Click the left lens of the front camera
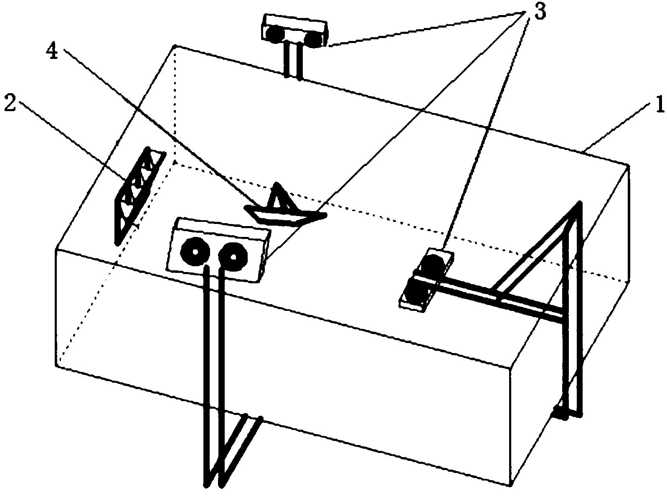tap(195, 251)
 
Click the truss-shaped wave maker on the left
tap(140, 195)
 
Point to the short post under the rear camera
tap(293, 61)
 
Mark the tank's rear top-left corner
tap(175, 46)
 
